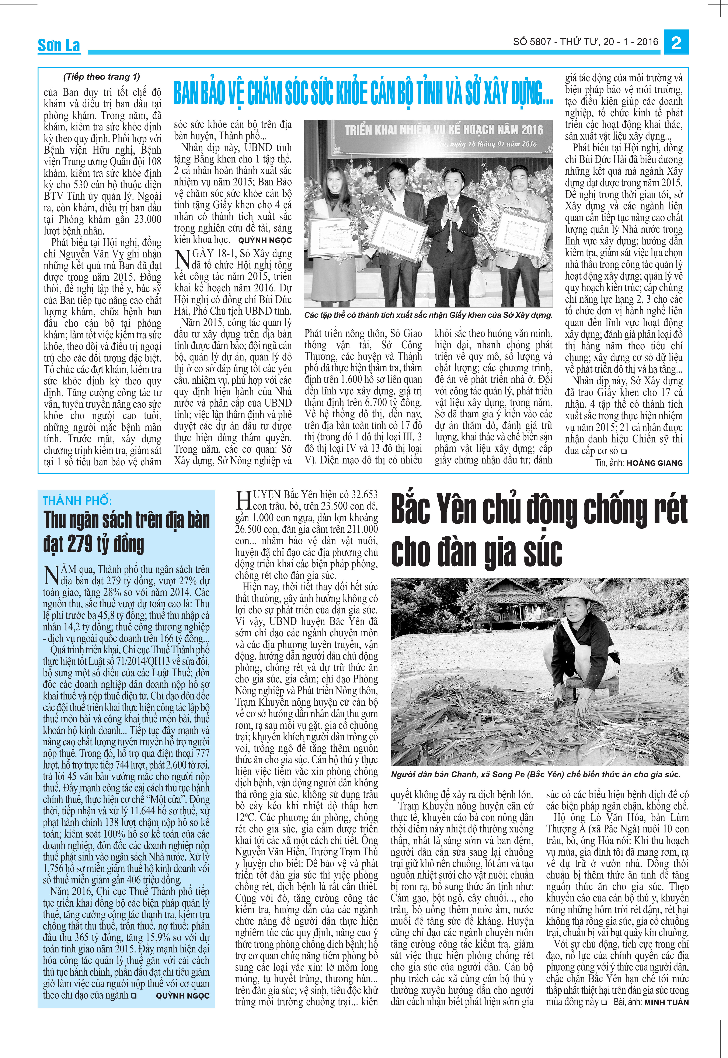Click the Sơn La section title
59,45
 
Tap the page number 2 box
676,42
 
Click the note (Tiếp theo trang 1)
101,77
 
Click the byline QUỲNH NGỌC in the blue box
182,996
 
